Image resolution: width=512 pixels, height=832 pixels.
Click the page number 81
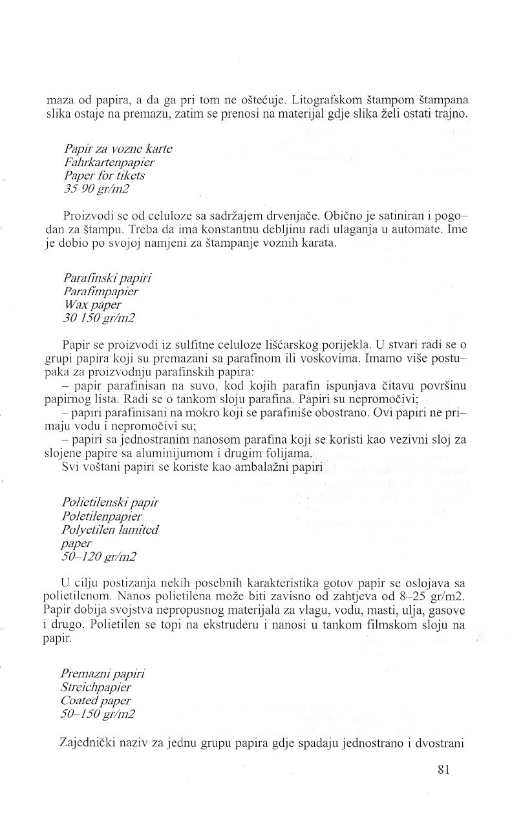[443, 769]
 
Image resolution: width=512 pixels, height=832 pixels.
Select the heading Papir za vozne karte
[118, 149]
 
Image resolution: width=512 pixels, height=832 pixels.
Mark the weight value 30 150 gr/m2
[100, 317]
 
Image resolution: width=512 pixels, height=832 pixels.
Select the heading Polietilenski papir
[111, 501]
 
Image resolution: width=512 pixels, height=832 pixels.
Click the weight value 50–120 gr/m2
[100, 556]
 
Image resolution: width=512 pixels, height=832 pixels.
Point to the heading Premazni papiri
[104, 673]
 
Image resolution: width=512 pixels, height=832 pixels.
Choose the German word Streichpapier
[103, 686]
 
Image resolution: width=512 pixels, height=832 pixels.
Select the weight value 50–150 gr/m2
[100, 713]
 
